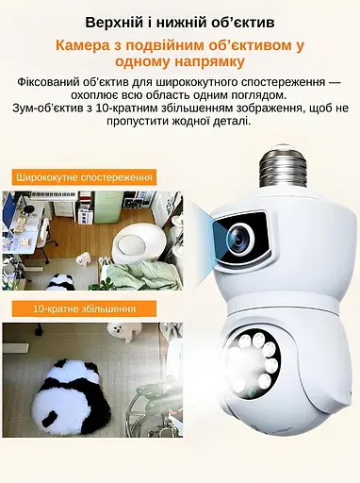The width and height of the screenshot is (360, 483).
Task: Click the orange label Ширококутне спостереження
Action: click(85, 177)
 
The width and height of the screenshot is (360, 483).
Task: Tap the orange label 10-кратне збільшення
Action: click(84, 308)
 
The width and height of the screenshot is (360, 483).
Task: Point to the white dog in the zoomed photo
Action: click(120, 330)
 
